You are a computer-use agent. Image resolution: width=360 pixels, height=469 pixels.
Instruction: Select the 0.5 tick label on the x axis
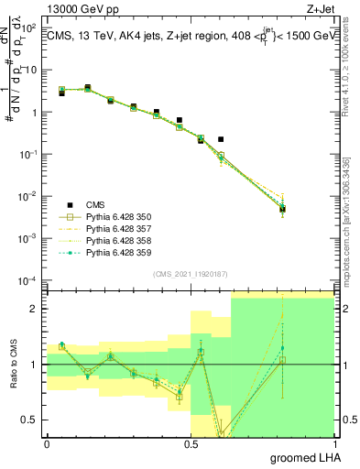point(191,443)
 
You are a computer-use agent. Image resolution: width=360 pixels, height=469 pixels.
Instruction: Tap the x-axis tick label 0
point(47,443)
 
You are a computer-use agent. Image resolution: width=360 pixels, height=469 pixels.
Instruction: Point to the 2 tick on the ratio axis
point(35,309)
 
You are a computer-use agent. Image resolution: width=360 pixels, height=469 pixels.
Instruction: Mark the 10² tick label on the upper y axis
point(28,27)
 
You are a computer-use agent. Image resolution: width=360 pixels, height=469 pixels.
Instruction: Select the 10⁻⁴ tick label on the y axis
point(28,280)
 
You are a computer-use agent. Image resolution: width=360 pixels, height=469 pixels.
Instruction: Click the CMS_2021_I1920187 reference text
point(191,274)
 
